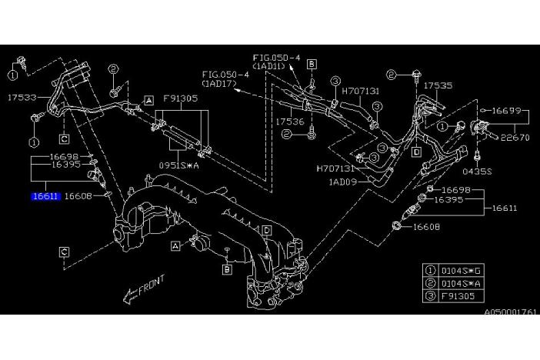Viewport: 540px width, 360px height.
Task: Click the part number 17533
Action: pyautogui.click(x=22, y=98)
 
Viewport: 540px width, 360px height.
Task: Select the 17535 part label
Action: pyautogui.click(x=439, y=86)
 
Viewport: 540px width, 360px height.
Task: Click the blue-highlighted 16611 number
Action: pyautogui.click(x=45, y=197)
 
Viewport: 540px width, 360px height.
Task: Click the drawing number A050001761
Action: pyautogui.click(x=511, y=312)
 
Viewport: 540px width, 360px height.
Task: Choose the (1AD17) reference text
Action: pyautogui.click(x=220, y=82)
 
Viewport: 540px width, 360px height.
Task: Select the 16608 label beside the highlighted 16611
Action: pyautogui.click(x=78, y=197)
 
